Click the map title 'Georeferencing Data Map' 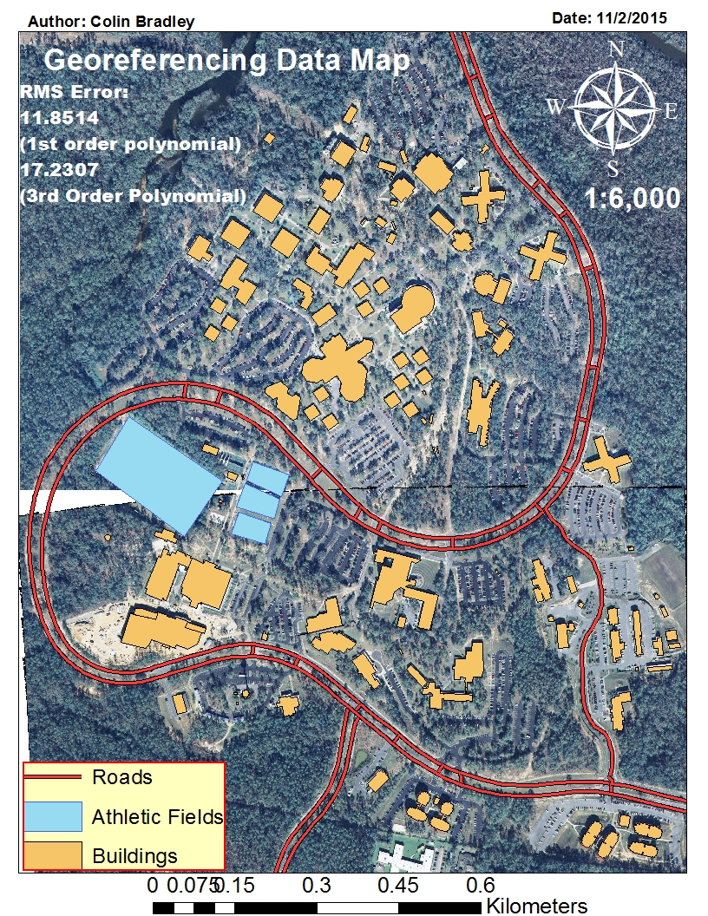(x=226, y=61)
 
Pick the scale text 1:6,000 (x=633, y=200)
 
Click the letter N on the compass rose (x=617, y=50)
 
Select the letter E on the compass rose (x=670, y=110)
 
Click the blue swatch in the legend (x=52, y=816)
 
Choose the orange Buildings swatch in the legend (x=52, y=854)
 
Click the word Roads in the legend (x=121, y=777)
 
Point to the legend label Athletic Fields (x=157, y=816)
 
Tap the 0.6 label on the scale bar (x=481, y=886)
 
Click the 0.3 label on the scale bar (x=317, y=886)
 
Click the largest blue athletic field (x=158, y=472)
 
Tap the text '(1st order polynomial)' (x=129, y=144)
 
